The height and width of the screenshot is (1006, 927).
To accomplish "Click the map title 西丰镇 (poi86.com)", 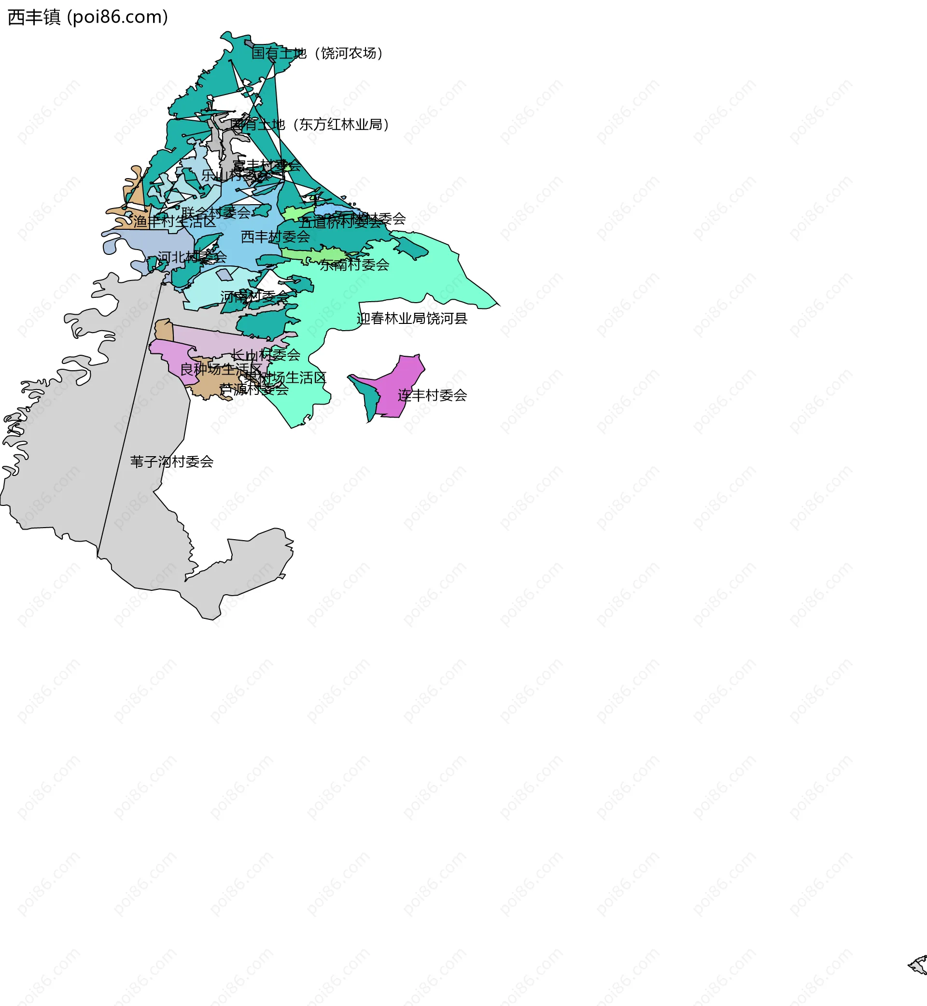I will (x=88, y=17).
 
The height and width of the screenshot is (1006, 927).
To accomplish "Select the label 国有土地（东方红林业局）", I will (x=309, y=125).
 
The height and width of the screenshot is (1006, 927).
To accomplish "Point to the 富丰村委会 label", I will (x=267, y=165).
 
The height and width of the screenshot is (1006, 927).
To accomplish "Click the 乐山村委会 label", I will (x=235, y=176).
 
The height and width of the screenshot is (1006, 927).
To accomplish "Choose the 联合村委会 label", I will (x=216, y=212).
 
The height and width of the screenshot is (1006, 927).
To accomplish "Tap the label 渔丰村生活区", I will (x=175, y=222).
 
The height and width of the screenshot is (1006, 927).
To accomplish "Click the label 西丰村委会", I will (x=275, y=237).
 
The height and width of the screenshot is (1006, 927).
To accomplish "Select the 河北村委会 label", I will (x=192, y=257).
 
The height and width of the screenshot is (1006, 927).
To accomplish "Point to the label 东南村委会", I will (x=355, y=265).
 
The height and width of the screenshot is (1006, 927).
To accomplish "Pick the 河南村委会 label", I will (x=255, y=297).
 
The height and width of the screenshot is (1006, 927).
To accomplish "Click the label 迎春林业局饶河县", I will (x=412, y=319).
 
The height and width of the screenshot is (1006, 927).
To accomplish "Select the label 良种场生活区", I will (x=221, y=370).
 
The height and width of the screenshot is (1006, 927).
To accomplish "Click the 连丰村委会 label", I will (x=433, y=396).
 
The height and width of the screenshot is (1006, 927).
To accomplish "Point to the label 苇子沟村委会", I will (x=171, y=462).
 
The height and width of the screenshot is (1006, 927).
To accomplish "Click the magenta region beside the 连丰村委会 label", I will (x=401, y=381).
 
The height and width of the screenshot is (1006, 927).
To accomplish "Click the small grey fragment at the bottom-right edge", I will (x=919, y=965).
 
